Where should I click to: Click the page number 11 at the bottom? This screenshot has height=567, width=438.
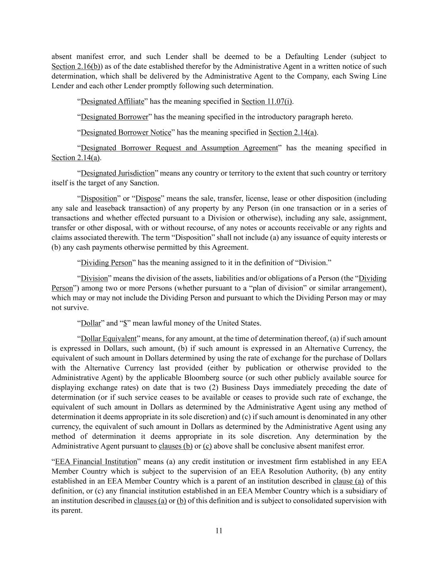click(x=219, y=530)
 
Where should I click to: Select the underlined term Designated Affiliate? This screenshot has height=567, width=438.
click(x=112, y=101)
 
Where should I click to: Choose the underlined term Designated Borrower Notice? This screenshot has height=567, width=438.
click(x=126, y=133)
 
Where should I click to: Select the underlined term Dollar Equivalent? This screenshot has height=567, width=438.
click(x=108, y=339)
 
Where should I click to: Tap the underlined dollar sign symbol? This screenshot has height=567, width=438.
click(x=125, y=323)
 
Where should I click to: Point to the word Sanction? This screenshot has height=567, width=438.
click(x=144, y=183)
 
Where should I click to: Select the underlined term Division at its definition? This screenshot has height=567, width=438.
click(x=94, y=278)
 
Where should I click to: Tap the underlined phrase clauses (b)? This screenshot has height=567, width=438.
click(x=176, y=446)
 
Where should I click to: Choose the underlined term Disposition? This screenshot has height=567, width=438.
click(x=99, y=199)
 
